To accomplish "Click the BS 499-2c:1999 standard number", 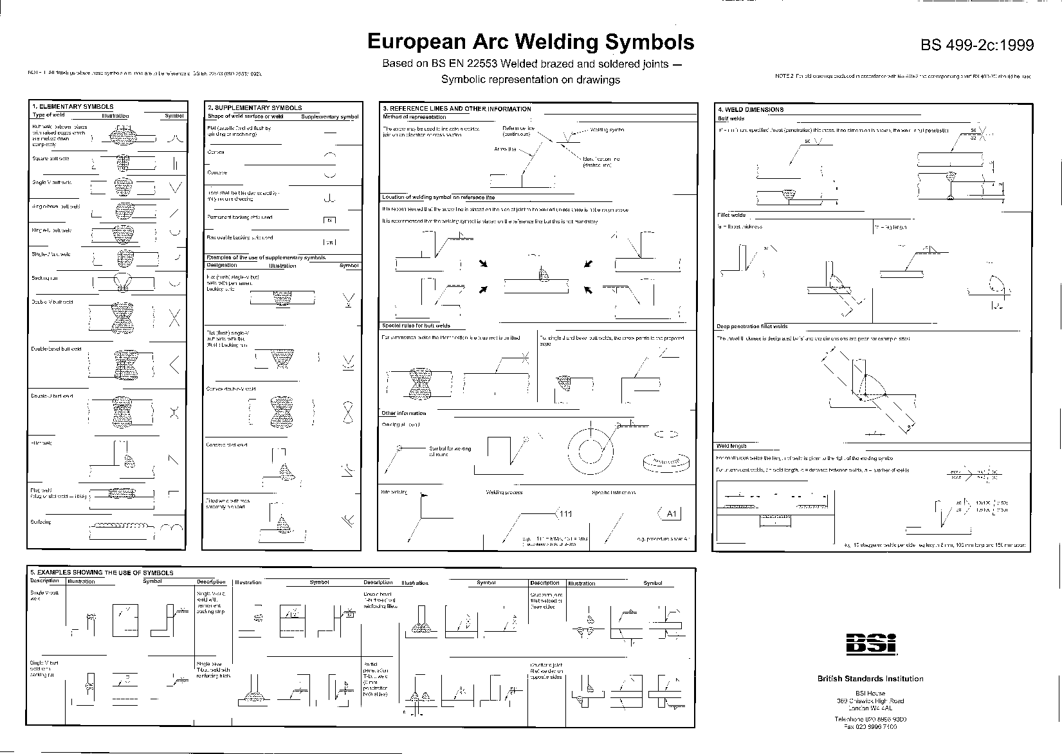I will point(977,44).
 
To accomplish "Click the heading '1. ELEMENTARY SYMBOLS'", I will point(73,107).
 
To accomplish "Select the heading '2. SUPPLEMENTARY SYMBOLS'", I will point(254,108).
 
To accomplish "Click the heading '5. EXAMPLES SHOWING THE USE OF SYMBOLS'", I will point(102,573).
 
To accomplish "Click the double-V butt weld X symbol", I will point(174,317).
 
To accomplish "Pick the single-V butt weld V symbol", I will point(174,188).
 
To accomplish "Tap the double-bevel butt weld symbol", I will point(174,365).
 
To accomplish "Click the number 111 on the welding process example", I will point(565,513).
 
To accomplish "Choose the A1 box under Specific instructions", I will point(670,513).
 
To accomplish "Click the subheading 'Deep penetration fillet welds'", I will point(752,327).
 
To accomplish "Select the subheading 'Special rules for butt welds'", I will point(416,326).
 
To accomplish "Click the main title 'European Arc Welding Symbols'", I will point(531,42).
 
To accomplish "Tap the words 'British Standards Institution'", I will point(870,679).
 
